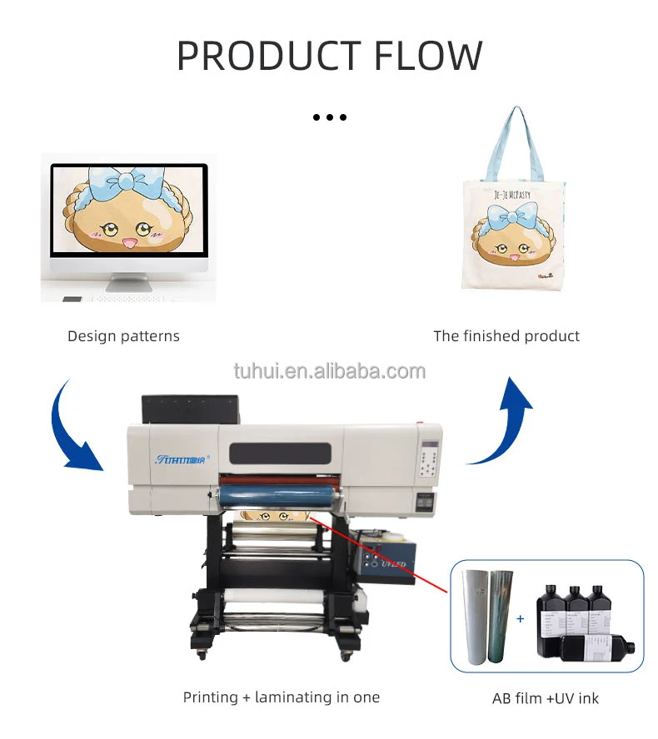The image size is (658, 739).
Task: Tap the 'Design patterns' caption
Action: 123,336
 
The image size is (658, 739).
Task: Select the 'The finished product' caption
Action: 506,336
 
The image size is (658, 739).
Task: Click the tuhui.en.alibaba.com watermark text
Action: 329,371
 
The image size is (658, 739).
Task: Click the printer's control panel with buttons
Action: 429,461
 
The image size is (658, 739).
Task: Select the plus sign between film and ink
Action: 521,619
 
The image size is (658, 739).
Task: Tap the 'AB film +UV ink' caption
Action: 546,698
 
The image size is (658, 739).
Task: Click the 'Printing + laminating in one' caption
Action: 282,697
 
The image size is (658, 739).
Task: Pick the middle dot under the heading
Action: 329,117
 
